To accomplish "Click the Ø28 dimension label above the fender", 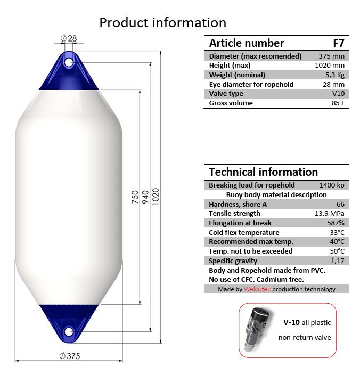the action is point(69,38).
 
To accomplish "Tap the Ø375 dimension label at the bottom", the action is point(70,356).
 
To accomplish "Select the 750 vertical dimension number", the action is point(135,197).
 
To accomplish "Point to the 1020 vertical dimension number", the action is point(156,197).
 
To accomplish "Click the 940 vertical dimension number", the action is point(145,197).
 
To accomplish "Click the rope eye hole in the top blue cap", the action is point(69,63).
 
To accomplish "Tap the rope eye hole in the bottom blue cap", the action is point(69,331).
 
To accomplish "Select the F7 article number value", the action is point(339,43).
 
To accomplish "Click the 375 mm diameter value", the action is point(331,56).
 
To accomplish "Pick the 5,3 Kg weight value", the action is point(335,75).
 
